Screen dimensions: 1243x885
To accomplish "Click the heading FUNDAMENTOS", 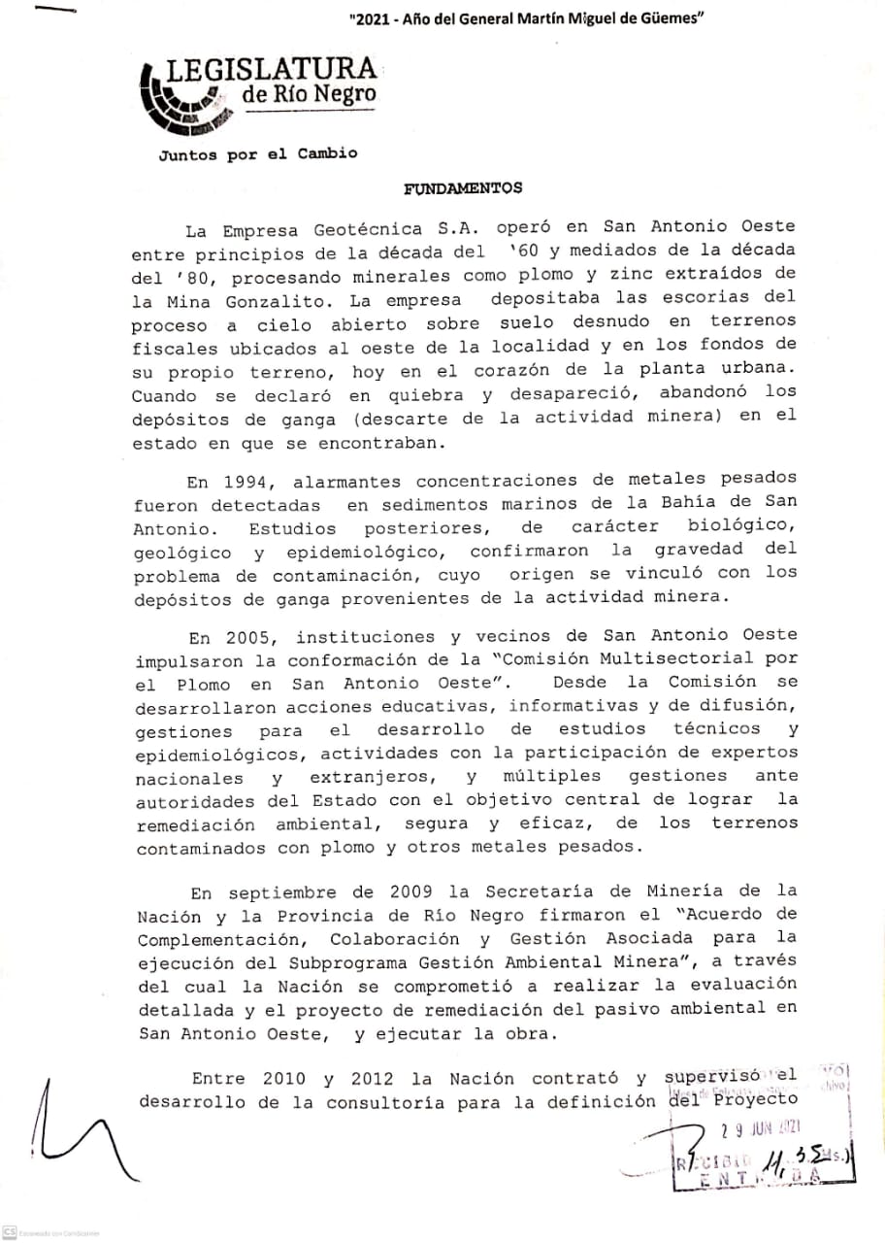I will pyautogui.click(x=462, y=188).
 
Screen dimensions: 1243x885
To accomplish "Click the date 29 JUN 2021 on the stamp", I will pyautogui.click(x=760, y=1128).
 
